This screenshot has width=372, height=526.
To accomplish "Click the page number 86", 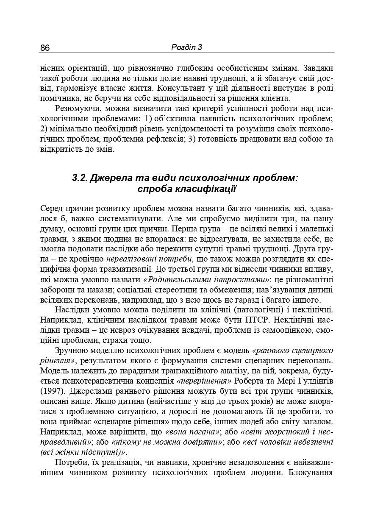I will [45, 48].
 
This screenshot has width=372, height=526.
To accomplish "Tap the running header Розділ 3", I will [186, 47].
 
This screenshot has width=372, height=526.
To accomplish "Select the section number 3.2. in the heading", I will [81, 178].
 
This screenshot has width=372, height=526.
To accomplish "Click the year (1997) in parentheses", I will [51, 390].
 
